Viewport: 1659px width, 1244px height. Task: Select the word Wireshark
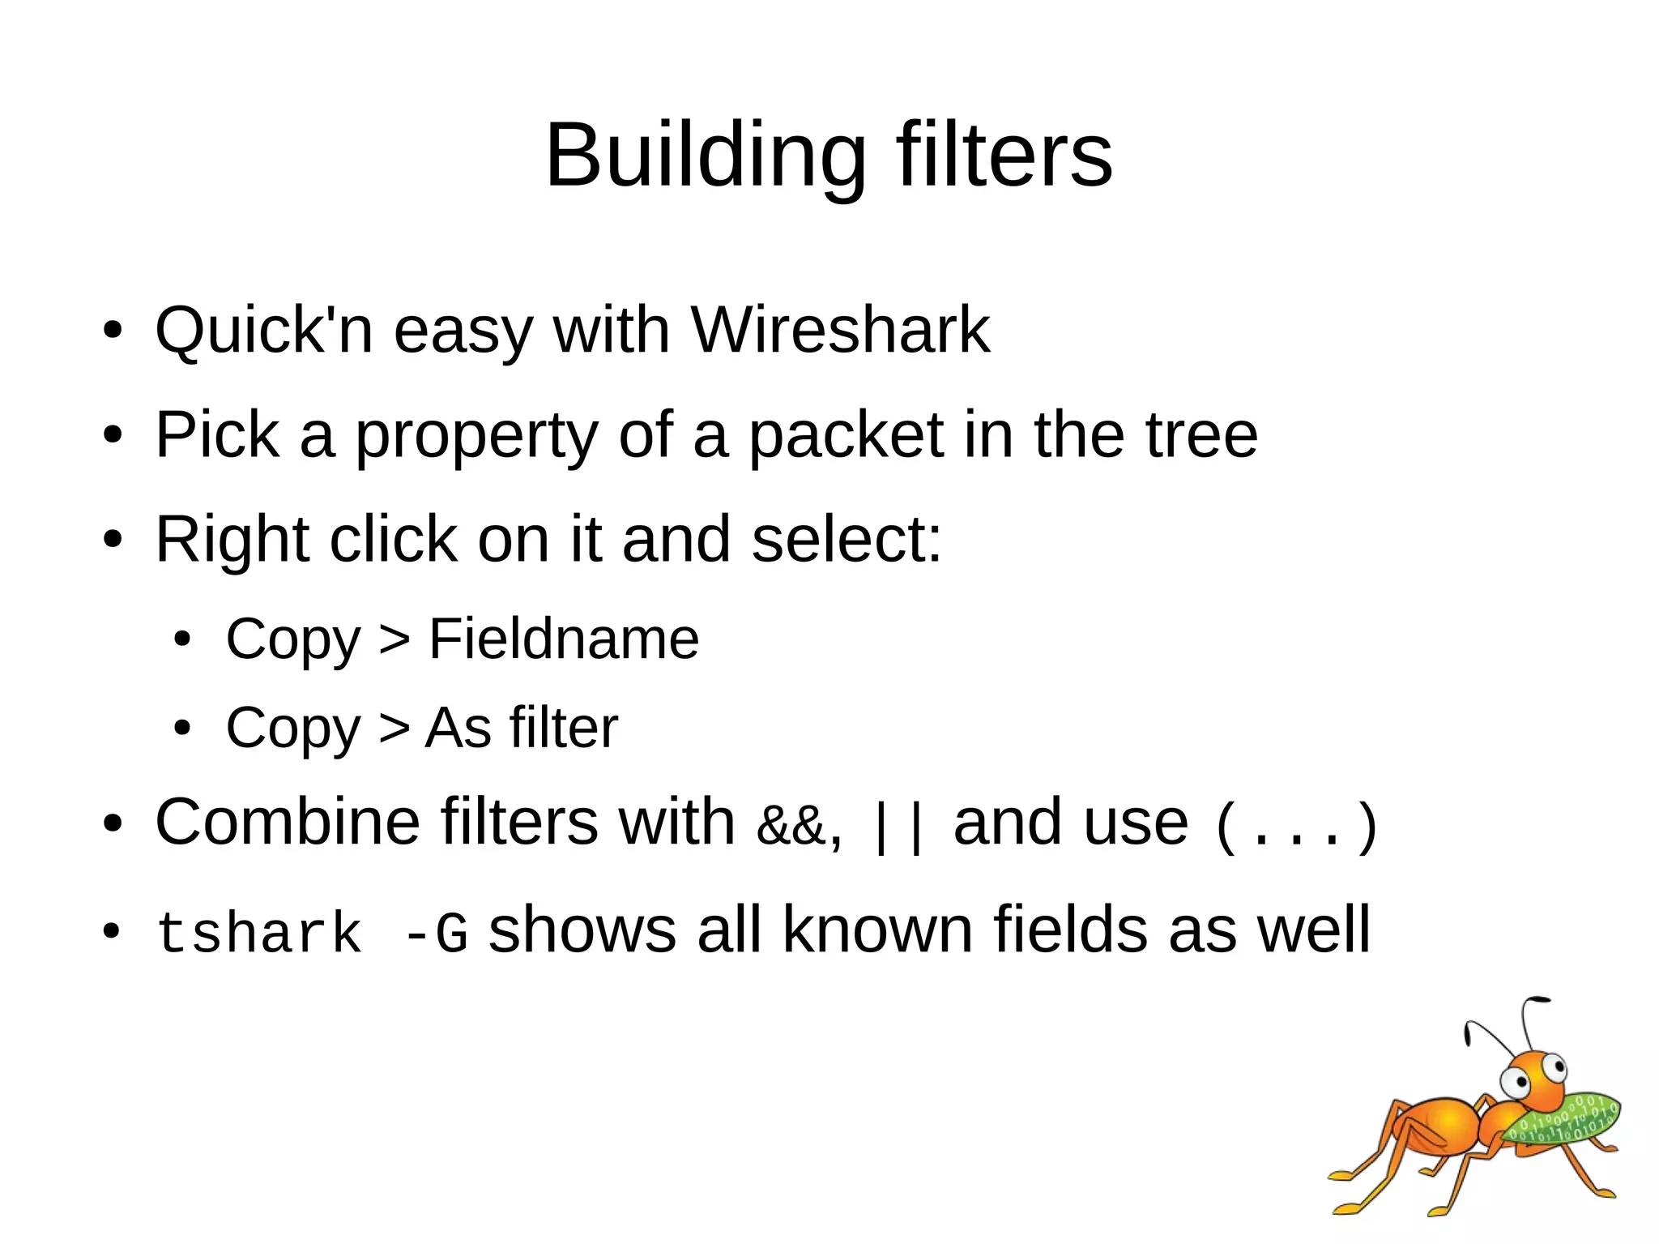click(840, 330)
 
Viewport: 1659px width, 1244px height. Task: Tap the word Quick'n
click(264, 330)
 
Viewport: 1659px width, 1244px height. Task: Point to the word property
click(476, 435)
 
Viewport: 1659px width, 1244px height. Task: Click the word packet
click(846, 435)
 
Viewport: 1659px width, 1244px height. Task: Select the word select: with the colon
click(847, 540)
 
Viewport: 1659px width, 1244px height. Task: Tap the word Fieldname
click(563, 639)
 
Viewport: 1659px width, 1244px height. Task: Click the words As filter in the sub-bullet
click(521, 728)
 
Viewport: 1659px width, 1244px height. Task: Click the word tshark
click(258, 933)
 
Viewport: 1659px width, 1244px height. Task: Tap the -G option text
click(435, 933)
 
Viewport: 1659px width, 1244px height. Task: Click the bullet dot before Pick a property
click(113, 435)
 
